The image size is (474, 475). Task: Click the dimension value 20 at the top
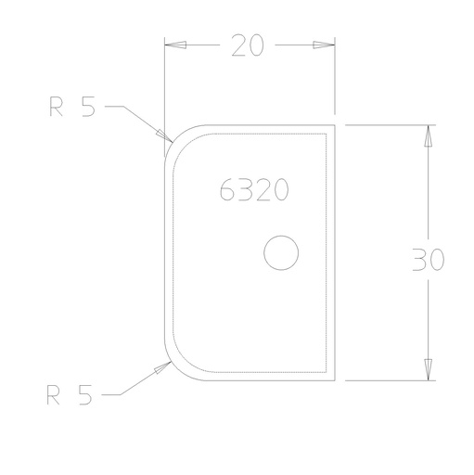pos(248,45)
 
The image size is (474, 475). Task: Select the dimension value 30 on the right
pos(428,260)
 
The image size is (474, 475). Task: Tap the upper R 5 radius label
pos(72,108)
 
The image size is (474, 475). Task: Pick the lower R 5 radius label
pos(70,396)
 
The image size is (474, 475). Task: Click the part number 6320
pos(255,190)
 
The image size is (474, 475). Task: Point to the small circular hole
pos(280,252)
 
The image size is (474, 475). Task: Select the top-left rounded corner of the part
pos(174,135)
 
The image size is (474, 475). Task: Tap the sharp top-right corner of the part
pos(335,124)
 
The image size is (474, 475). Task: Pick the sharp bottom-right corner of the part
pos(335,379)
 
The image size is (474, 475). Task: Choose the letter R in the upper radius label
pos(56,108)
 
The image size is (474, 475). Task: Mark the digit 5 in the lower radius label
pos(85,396)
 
